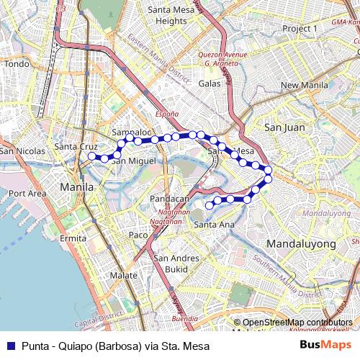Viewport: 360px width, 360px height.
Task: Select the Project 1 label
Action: tap(300, 28)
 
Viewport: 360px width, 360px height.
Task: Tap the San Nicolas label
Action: tap(22, 151)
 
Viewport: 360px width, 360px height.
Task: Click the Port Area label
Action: tap(27, 193)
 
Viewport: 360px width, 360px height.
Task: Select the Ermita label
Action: tap(73, 238)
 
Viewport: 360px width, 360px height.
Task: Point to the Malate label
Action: tap(124, 276)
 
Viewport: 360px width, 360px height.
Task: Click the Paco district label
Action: tap(138, 235)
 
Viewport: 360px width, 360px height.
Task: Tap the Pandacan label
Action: tap(169, 198)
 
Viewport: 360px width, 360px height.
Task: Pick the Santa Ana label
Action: tap(214, 225)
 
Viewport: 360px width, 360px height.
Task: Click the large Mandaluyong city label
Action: tap(301, 244)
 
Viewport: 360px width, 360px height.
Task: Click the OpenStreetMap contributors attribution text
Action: tap(297, 322)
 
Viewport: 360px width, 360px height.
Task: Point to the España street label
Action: tap(166, 114)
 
